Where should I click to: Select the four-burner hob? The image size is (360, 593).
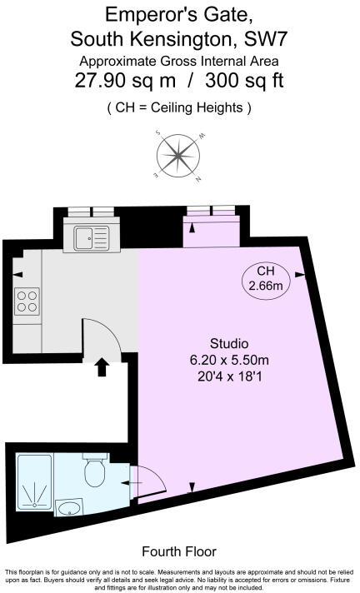pos(27,301)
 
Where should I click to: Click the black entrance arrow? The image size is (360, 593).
pos(102,366)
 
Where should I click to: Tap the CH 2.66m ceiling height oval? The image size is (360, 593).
pos(266,279)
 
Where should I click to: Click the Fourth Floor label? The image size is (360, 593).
pos(179,551)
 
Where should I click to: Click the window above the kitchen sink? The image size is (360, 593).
pos(90,212)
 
